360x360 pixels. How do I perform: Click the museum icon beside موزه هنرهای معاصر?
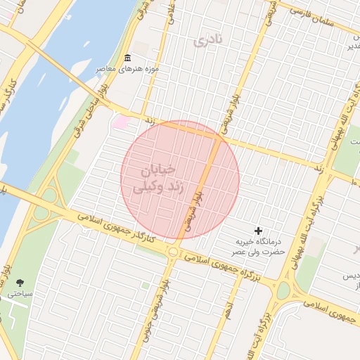click(x=127, y=58)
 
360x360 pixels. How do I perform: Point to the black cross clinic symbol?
click(x=259, y=231)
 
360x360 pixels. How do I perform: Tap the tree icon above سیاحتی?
click(x=18, y=283)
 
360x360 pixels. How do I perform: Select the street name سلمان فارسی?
click(x=310, y=15)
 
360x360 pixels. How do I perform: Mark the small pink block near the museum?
click(x=121, y=123)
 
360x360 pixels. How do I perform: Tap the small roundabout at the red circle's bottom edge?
click(x=173, y=251)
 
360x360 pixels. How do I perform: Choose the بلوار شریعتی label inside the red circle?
click(x=190, y=214)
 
